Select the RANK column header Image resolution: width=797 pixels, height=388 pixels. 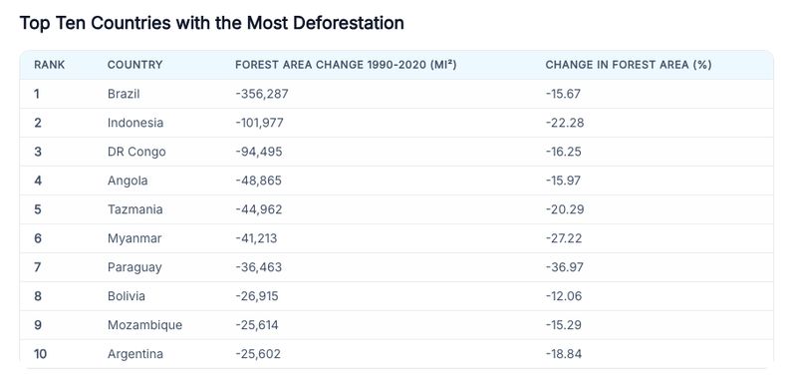coord(49,65)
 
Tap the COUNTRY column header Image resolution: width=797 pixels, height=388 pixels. coord(134,65)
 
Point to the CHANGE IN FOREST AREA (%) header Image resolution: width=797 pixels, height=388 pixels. coord(628,65)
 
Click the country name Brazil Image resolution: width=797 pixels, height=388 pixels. coord(124,94)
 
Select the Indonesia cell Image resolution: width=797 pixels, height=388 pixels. coord(134,123)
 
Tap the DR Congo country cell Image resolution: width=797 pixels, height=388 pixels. coord(135,152)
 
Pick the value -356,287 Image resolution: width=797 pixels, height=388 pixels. coord(261,94)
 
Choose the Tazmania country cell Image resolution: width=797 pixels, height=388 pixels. coord(134,209)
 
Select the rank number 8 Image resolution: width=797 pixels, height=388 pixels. coord(38,296)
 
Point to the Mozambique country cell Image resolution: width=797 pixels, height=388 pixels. coord(144,325)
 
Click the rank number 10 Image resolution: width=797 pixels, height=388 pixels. coord(41,354)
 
